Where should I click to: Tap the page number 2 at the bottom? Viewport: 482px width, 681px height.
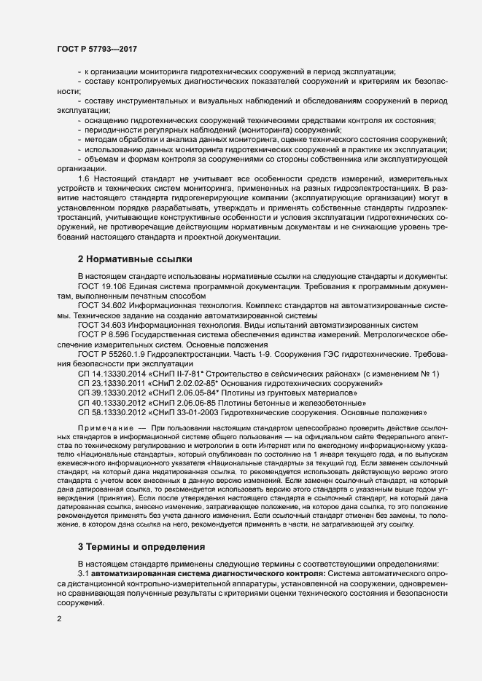[x=59, y=619]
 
